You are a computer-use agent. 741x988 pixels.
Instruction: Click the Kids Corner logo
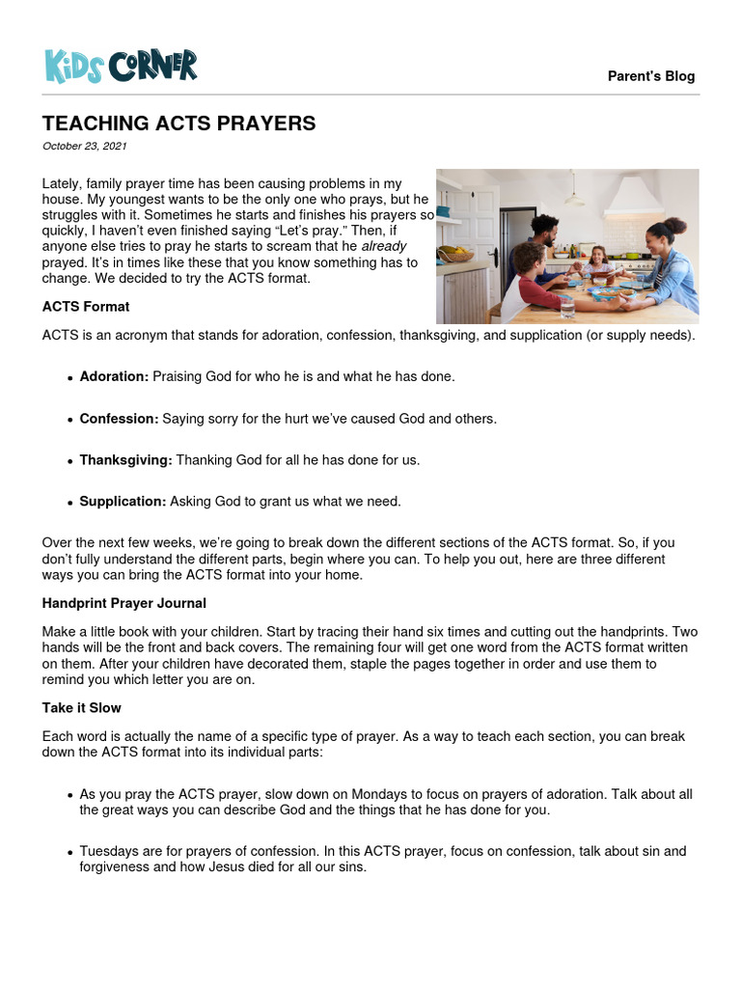[121, 66]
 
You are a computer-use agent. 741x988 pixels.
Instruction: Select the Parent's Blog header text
[651, 76]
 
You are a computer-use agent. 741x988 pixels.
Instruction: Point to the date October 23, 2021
[85, 147]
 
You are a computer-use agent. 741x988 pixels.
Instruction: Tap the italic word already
[384, 245]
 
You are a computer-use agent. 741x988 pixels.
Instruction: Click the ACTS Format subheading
[86, 307]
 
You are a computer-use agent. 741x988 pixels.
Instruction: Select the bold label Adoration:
[114, 376]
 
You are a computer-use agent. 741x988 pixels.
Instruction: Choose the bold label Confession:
[119, 419]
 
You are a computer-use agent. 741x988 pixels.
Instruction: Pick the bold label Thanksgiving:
[125, 460]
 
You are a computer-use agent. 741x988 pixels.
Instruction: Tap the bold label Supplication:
[123, 502]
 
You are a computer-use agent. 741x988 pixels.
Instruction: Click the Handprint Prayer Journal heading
[124, 603]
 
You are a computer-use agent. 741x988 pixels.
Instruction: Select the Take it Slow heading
[81, 708]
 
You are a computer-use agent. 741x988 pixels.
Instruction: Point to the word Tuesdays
[109, 851]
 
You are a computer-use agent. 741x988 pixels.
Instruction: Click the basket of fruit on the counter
[454, 255]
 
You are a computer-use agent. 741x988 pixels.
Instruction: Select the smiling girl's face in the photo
[596, 256]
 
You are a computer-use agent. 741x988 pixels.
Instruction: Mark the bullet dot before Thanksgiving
[70, 461]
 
